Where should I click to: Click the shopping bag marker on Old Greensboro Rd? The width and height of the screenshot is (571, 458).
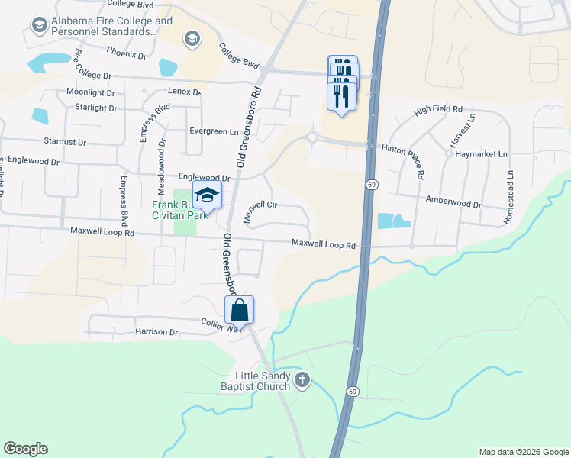239,311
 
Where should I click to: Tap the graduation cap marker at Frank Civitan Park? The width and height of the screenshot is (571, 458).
207,195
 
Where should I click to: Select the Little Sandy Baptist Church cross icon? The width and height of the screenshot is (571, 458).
303,379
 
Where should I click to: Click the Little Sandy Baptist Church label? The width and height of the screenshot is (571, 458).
253,380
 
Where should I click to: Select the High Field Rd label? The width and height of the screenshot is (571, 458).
438,111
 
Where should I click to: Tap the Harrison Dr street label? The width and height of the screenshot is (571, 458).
156,333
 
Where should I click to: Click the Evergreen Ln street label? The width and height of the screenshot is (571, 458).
214,131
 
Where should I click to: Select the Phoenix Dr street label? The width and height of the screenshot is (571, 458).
126,53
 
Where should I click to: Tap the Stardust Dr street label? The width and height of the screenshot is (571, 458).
65,141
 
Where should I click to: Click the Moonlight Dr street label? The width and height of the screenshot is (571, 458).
90,92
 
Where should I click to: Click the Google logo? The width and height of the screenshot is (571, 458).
25,449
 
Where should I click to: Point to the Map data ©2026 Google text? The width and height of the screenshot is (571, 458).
523,452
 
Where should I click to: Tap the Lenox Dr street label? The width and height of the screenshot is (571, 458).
184,92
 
